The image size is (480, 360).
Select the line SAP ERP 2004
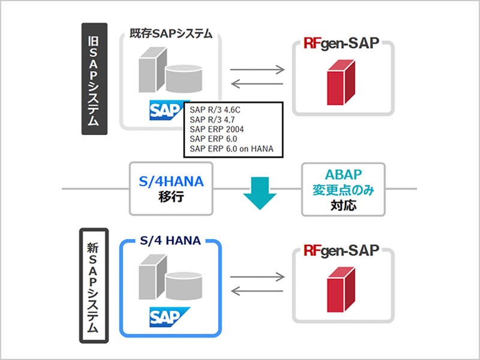(x=216, y=129)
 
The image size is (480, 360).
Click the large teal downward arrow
(x=259, y=191)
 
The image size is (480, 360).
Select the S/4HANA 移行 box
(x=172, y=188)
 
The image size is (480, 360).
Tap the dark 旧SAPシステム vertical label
(x=94, y=79)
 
